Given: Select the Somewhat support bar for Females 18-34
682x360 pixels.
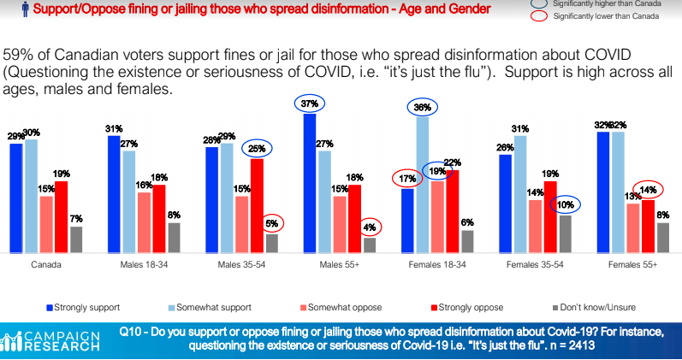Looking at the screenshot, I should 423,185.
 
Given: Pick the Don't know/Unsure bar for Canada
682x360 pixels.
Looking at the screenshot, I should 76,239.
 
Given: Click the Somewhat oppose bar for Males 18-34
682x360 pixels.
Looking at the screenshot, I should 144,222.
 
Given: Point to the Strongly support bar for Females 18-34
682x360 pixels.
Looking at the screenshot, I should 407,221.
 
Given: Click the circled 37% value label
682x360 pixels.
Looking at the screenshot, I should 310,104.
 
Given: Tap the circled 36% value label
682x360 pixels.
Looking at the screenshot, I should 422,108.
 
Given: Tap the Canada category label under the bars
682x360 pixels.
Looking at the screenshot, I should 45,266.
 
